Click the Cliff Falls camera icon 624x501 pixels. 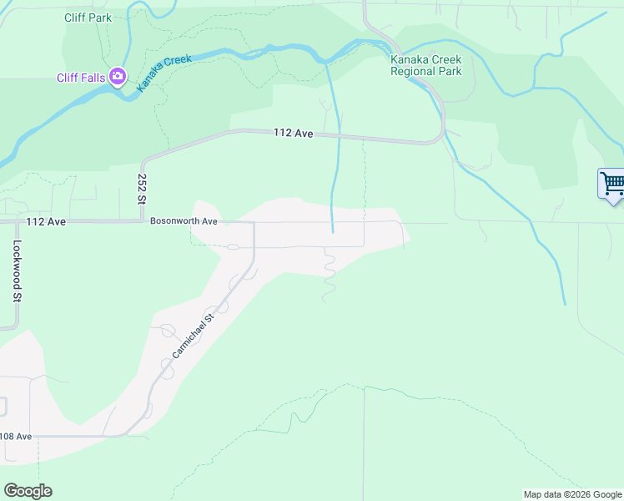117,78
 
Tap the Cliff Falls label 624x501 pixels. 81,78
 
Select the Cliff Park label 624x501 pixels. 88,17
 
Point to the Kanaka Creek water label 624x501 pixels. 165,73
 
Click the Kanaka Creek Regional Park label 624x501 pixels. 425,65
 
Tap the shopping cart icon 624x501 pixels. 612,183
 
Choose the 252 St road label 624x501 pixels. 142,189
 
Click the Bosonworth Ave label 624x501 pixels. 184,221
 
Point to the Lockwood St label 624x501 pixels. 16,271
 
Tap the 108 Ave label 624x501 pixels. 15,436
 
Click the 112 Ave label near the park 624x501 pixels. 293,134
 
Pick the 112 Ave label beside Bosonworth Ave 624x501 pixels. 45,221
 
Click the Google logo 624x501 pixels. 28,491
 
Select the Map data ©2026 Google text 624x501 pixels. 572,494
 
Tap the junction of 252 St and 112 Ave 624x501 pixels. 142,221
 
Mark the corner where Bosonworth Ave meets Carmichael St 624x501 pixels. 254,223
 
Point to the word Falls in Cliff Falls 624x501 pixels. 93,78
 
